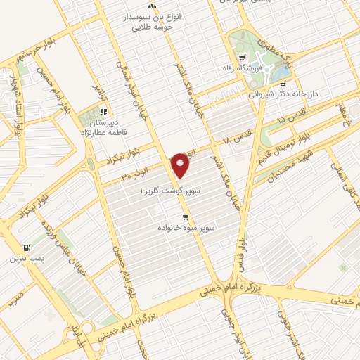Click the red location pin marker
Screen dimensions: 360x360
[181, 165]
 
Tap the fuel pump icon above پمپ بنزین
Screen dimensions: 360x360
[27, 247]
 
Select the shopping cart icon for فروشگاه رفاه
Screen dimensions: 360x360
[243, 58]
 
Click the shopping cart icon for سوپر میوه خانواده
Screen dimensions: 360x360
[185, 217]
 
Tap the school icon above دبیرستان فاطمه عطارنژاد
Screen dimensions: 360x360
[103, 111]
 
